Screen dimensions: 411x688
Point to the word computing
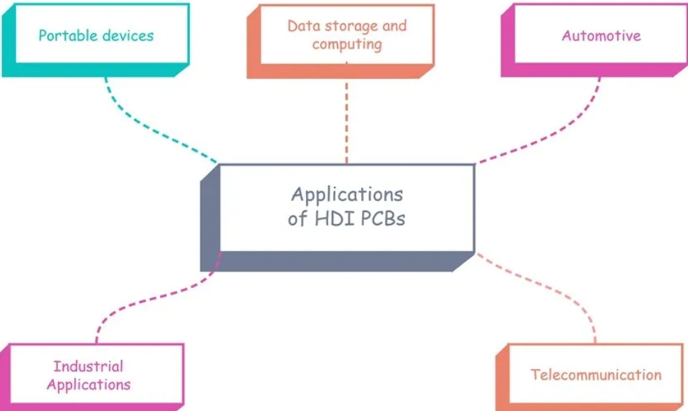point(346,44)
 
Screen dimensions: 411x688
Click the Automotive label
point(601,35)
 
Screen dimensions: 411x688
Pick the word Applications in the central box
point(346,193)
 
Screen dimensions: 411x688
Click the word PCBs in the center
point(382,218)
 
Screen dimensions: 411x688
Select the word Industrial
point(88,366)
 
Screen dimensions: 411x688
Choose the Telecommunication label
point(596,375)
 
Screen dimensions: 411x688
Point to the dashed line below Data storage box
point(346,119)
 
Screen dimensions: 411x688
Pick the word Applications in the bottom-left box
point(88,384)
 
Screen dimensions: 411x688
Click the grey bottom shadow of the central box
point(335,261)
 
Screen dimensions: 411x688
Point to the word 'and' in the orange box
point(394,26)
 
